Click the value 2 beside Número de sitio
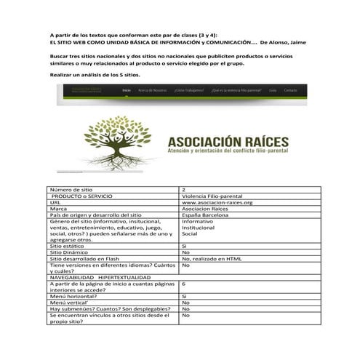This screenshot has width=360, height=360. tap(183, 189)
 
